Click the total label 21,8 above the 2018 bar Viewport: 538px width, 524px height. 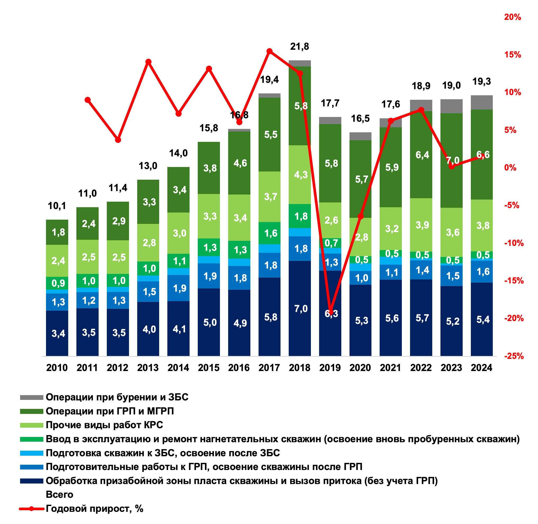[299, 47]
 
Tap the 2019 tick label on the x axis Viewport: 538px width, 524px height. [330, 368]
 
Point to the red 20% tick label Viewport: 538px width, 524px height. [512, 17]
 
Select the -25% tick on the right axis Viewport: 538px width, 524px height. [513, 356]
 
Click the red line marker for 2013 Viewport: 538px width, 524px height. [148, 62]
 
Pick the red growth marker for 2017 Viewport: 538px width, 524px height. [269, 51]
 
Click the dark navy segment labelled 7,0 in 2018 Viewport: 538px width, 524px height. [300, 308]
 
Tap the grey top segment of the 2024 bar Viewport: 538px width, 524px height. [481, 102]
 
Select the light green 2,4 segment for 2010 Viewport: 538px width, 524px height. [57, 260]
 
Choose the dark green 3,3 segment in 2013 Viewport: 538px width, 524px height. [148, 202]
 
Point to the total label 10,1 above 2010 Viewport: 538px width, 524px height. [57, 206]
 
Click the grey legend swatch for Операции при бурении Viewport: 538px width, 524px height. [31, 397]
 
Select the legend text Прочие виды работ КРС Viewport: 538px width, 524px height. [104, 425]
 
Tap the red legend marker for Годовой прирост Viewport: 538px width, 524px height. [31, 509]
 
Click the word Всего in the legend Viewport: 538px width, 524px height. [59, 495]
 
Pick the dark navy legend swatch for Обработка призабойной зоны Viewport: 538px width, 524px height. [31, 481]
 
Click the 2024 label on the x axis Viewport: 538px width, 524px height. [481, 368]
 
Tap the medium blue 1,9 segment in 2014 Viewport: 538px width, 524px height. [178, 288]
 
